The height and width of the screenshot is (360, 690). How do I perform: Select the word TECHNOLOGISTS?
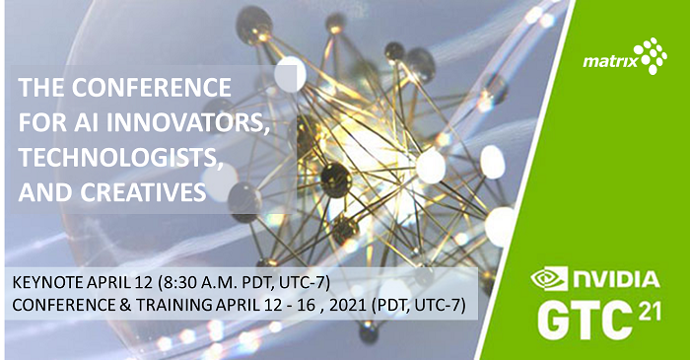(x=111, y=156)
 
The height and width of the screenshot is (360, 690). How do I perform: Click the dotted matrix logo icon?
(x=650, y=56)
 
